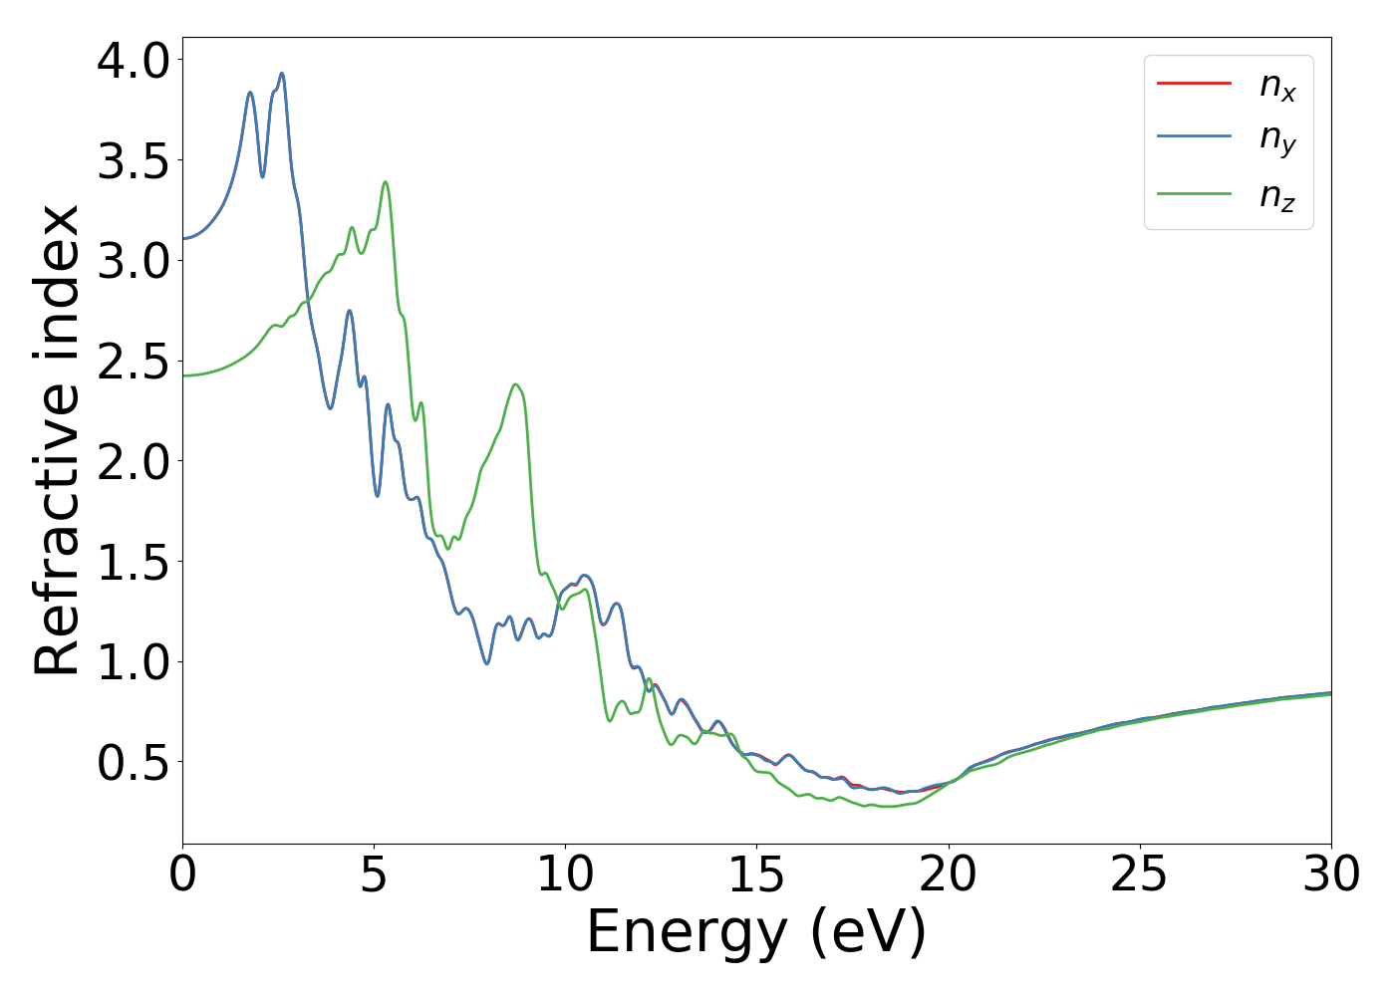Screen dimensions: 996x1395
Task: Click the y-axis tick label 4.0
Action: (134, 61)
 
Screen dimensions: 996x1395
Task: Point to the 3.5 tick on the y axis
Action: (134, 161)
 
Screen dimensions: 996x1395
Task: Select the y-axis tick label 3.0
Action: (134, 261)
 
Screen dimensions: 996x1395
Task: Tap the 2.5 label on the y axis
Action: (134, 362)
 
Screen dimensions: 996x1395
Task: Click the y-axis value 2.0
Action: (134, 462)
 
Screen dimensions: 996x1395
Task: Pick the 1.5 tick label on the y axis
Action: (134, 562)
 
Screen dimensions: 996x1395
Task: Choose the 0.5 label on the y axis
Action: (134, 763)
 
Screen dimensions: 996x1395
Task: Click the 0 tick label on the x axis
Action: (183, 874)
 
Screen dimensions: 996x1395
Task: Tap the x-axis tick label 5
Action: (374, 874)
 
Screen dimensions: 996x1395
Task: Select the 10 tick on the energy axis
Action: (565, 874)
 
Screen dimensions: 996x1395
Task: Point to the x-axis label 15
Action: (756, 874)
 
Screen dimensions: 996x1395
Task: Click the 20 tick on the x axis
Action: (948, 874)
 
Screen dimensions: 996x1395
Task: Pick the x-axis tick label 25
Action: (1139, 874)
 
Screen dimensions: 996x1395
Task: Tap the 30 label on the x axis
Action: (1330, 874)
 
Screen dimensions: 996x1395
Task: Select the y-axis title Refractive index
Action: (58, 440)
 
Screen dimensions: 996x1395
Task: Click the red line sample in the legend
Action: (1194, 84)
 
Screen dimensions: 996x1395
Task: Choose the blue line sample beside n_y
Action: (1194, 137)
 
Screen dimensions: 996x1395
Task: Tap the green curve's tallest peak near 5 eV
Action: (385, 182)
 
